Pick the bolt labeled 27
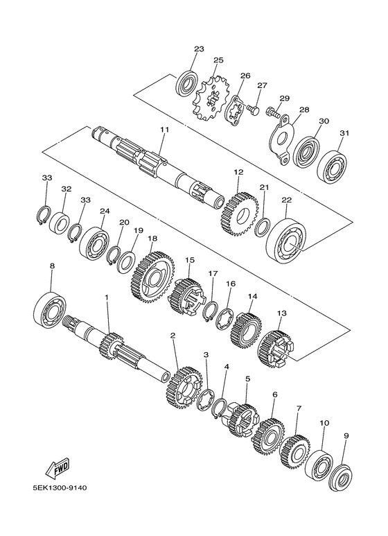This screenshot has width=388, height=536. coord(253,110)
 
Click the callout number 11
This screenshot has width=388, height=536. coord(164,130)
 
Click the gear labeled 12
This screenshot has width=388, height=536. coord(238,213)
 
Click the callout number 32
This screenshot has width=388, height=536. coord(66,188)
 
